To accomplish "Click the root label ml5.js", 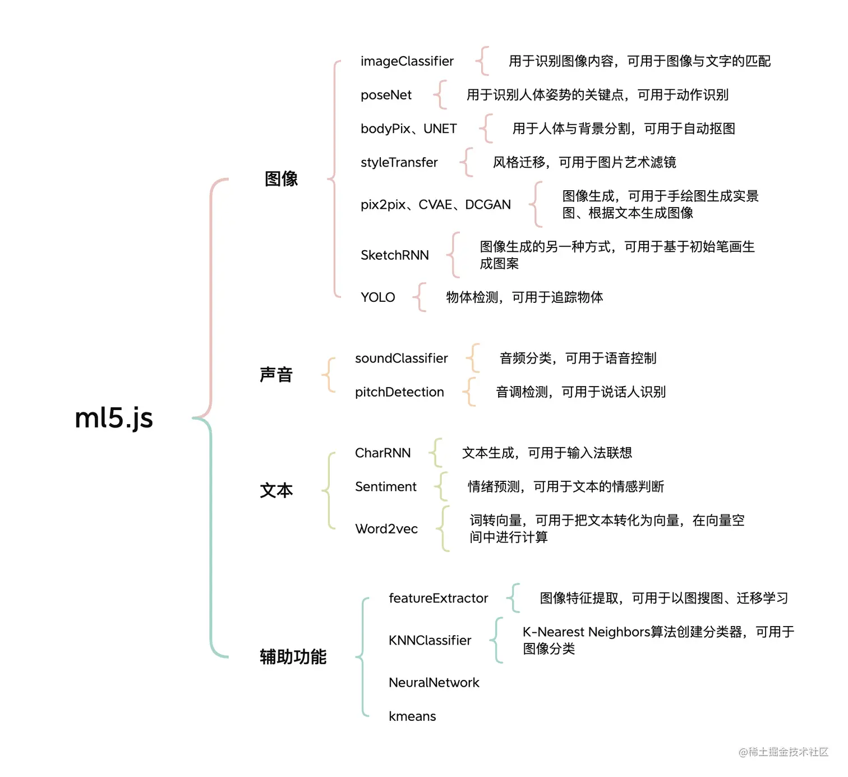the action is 114,418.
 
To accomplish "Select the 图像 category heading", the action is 281,179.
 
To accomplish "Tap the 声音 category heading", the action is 276,375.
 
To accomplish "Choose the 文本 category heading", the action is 276,490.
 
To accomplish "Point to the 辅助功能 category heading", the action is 293,656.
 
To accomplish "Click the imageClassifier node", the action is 407,61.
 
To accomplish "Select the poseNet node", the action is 386,95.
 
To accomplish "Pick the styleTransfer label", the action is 399,162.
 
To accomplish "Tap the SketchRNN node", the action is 394,255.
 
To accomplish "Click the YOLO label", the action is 377,297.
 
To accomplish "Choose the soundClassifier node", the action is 401,358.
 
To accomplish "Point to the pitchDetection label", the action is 399,392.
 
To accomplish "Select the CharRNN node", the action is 382,453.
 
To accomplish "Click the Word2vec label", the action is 386,528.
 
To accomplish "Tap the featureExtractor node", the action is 438,598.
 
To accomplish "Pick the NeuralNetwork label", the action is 434,682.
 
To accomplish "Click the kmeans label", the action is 412,716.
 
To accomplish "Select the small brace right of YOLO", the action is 420,297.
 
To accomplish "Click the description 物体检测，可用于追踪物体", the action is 524,297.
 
